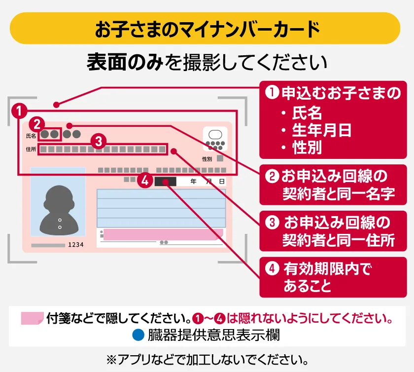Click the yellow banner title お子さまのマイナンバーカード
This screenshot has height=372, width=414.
(x=207, y=29)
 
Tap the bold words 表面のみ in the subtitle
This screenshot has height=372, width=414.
(x=125, y=62)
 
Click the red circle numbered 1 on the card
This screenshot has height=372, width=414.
(x=19, y=111)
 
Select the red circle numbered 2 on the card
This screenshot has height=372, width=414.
(x=37, y=124)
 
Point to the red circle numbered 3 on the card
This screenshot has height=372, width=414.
(x=99, y=141)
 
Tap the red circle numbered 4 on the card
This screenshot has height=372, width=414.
(x=145, y=181)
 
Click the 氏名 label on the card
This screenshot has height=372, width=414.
(x=31, y=136)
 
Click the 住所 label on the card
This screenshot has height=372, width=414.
(x=31, y=149)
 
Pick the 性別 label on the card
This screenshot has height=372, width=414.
(x=207, y=159)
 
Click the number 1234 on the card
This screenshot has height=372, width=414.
(x=76, y=245)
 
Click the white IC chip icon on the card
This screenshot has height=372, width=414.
(x=215, y=139)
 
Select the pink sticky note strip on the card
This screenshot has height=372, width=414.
(x=163, y=234)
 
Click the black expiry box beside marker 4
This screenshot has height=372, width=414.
(x=165, y=182)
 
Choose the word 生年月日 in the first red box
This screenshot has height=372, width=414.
(x=321, y=130)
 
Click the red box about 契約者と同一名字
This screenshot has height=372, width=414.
(x=333, y=185)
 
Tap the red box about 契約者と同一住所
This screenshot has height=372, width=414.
(x=333, y=231)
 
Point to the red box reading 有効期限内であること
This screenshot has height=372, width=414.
(x=333, y=277)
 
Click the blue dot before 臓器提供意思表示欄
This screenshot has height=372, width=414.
(x=138, y=335)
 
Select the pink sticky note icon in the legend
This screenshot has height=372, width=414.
(x=32, y=318)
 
